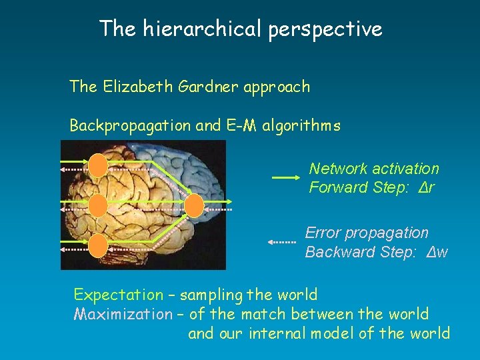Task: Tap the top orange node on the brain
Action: pyautogui.click(x=98, y=164)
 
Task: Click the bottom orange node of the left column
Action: pyautogui.click(x=98, y=246)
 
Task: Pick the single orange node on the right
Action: pyautogui.click(x=194, y=205)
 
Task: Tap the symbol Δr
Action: pyautogui.click(x=426, y=187)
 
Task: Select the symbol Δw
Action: pyautogui.click(x=437, y=252)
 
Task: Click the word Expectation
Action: pyautogui.click(x=118, y=295)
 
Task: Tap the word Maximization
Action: pyautogui.click(x=123, y=314)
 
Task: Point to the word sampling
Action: pyautogui.click(x=211, y=295)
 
